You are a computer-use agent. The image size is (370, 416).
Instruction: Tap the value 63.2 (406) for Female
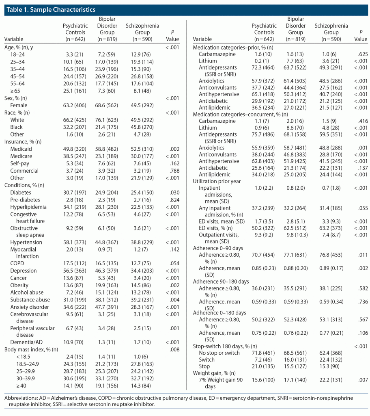click(75, 105)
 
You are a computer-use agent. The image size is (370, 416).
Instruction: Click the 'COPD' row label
click(17, 263)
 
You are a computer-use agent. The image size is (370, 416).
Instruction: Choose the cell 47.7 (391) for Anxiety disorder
click(107, 307)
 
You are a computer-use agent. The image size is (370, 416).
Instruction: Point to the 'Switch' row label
click(207, 360)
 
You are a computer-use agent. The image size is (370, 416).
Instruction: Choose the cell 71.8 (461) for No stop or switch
click(264, 353)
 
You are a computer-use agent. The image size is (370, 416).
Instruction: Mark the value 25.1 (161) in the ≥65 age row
click(75, 90)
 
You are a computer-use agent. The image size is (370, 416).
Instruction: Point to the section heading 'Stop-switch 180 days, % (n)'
click(226, 345)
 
